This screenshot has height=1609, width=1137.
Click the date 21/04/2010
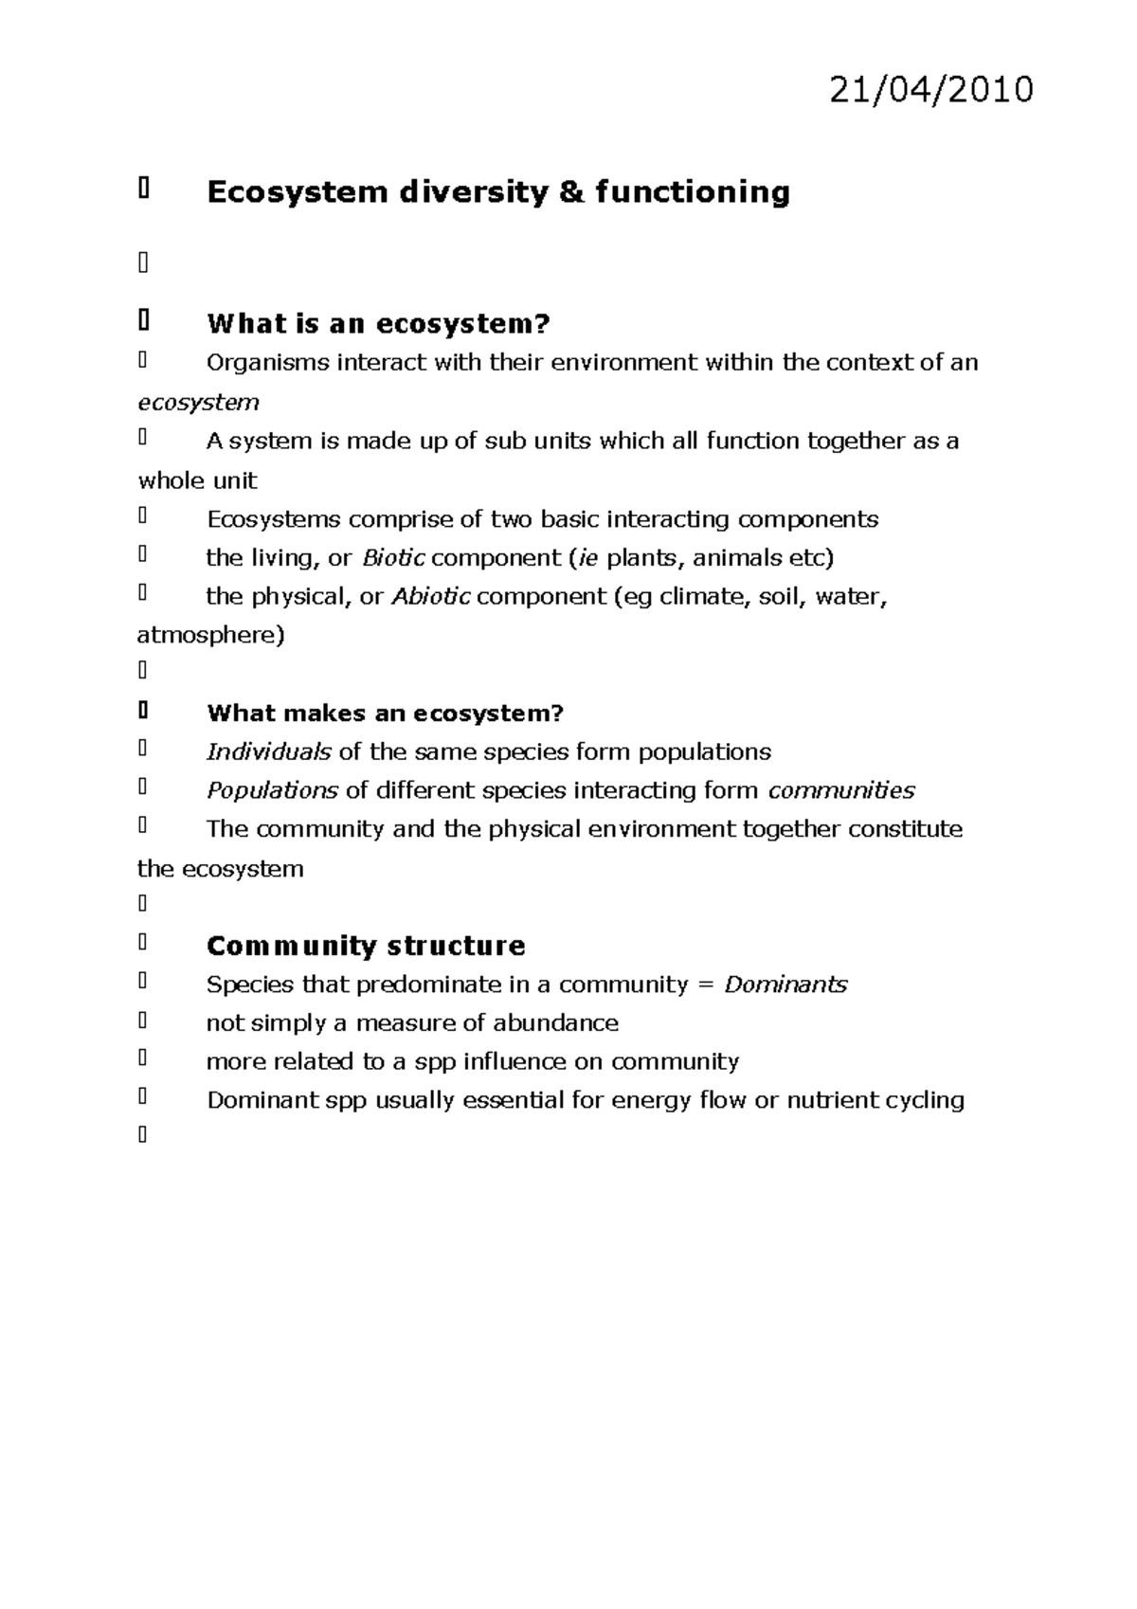click(x=931, y=90)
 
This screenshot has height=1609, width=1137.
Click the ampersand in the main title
click(x=571, y=192)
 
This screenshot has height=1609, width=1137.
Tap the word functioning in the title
click(x=693, y=192)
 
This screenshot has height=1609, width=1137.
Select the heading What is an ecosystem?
click(x=378, y=324)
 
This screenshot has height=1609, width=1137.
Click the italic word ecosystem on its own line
click(x=198, y=403)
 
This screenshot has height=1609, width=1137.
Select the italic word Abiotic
click(x=430, y=597)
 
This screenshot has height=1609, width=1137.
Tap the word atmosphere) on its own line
click(x=210, y=635)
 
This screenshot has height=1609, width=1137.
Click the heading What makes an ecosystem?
click(x=385, y=714)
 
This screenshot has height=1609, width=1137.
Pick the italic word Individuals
click(x=268, y=752)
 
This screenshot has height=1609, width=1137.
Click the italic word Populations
click(x=272, y=791)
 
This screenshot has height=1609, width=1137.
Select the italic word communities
click(x=840, y=791)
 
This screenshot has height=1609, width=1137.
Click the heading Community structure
click(x=366, y=946)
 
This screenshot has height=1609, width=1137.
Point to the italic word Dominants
click(x=785, y=985)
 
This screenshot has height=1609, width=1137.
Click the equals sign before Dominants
click(x=705, y=985)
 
